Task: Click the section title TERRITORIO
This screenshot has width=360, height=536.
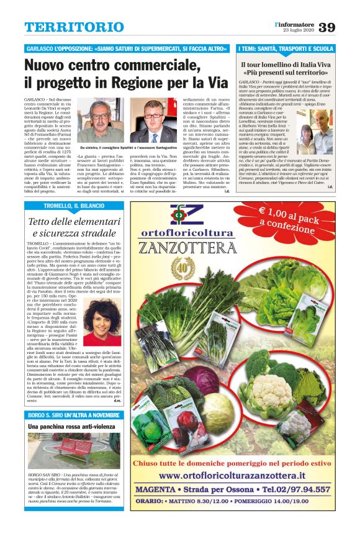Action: click(x=74, y=27)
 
